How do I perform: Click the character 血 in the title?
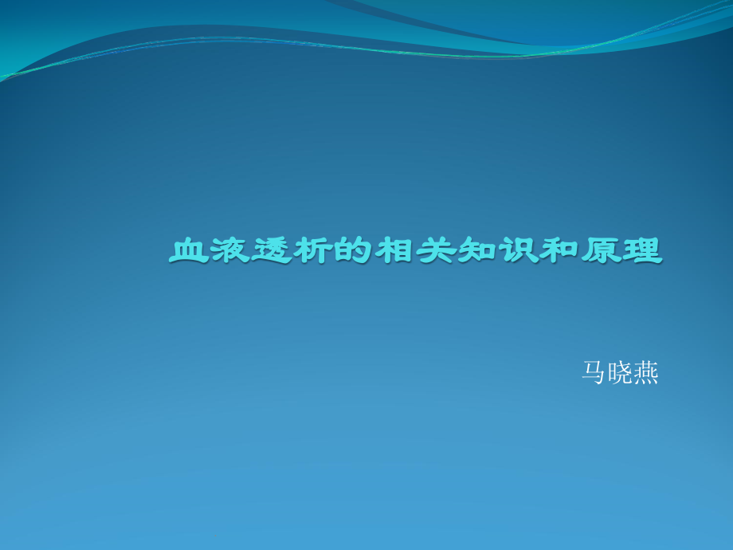tap(189, 252)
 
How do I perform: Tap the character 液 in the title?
tap(230, 252)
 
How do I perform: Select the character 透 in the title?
tap(272, 252)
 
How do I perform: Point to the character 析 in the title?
tap(313, 252)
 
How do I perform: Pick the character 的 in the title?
tap(354, 252)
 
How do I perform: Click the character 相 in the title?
tap(395, 252)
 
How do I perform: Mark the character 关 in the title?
tap(436, 252)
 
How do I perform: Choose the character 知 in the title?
tap(477, 252)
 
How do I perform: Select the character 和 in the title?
tap(559, 252)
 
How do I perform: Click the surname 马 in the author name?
tap(594, 373)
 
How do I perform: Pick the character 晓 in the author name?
tap(620, 373)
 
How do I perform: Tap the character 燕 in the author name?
tap(645, 373)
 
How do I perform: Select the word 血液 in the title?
tap(210, 252)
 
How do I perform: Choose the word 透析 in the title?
tap(292, 252)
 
